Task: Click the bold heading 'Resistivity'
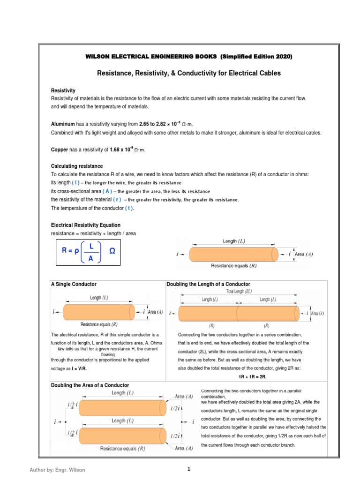(x=63, y=90)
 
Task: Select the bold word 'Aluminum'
(x=62, y=124)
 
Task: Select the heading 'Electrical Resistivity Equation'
(x=85, y=225)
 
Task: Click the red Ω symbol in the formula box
(x=112, y=251)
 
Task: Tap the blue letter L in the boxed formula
(x=91, y=246)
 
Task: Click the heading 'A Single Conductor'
(x=74, y=284)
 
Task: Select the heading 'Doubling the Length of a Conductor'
(x=208, y=284)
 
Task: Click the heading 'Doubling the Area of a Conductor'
(x=90, y=385)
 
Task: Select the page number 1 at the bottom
(x=188, y=469)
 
